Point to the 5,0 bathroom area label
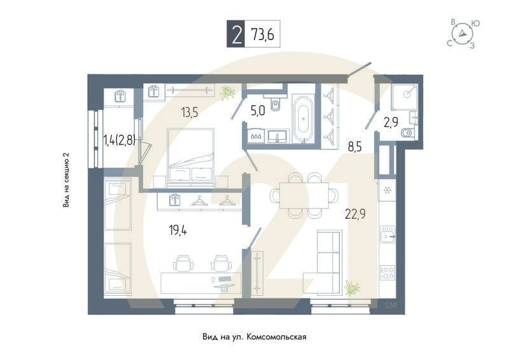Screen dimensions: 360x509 coord(258,111)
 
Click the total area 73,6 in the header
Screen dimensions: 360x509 coord(262,36)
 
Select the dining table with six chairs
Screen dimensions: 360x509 coord(303,195)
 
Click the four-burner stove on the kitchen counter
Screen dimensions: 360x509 coord(387,272)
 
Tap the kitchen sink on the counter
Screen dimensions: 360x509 coord(387,237)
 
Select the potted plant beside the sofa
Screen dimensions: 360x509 coord(352,288)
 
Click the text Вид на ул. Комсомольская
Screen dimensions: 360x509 coord(254,336)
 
